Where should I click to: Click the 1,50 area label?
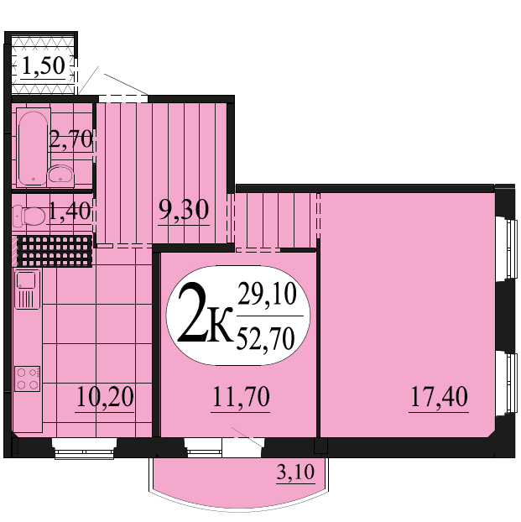pyautogui.click(x=43, y=65)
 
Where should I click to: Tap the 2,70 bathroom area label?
pyautogui.click(x=70, y=138)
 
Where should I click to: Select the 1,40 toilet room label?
pyautogui.click(x=70, y=211)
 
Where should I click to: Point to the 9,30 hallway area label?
pyautogui.click(x=184, y=210)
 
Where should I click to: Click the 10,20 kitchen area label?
pyautogui.click(x=105, y=397)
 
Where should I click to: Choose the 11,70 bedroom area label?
pyautogui.click(x=240, y=397)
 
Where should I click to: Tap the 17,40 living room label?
pyautogui.click(x=439, y=397)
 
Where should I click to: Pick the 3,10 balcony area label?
pyautogui.click(x=295, y=472)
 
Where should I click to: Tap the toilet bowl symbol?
pyautogui.click(x=29, y=217)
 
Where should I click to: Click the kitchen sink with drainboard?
pyautogui.click(x=28, y=290)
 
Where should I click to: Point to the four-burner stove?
pyautogui.click(x=28, y=378)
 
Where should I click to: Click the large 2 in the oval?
pyautogui.click(x=191, y=313)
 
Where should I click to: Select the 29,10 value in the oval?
pyautogui.click(x=267, y=294)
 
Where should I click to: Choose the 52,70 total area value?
pyautogui.click(x=265, y=338)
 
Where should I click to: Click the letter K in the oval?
pyautogui.click(x=219, y=326)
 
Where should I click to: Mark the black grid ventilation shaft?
pyautogui.click(x=55, y=251)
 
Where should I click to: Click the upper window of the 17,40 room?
pyautogui.click(x=507, y=248)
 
